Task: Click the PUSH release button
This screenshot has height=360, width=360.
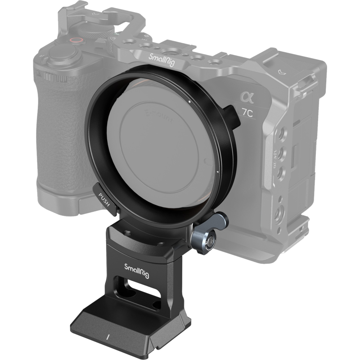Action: coord(104,197)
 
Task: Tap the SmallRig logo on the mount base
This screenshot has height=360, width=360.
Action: coord(138,266)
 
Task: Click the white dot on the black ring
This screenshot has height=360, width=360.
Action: coord(189,102)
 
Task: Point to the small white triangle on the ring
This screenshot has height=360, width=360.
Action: coord(217,172)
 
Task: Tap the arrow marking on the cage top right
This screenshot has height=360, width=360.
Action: coord(282,71)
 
